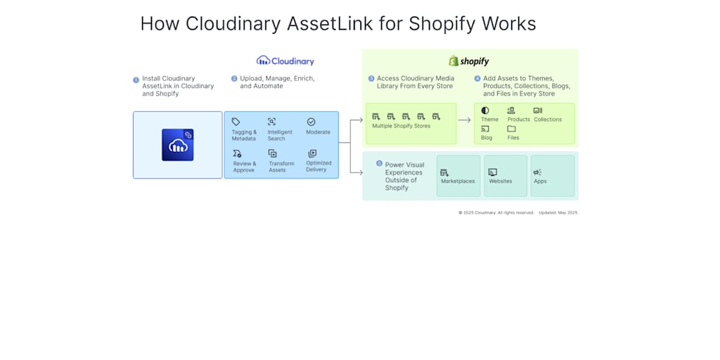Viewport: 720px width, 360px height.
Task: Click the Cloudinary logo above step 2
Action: coord(285,61)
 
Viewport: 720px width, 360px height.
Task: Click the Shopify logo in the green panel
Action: coord(469,61)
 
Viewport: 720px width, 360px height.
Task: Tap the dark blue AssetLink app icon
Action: coord(177,145)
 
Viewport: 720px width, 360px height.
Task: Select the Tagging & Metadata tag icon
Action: coord(236,122)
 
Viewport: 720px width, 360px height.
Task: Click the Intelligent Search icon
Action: coord(271,122)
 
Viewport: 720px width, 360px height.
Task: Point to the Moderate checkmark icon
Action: coord(311,122)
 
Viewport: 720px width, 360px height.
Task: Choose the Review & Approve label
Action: coord(245,167)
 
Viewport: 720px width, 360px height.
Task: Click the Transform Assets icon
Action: coord(272,153)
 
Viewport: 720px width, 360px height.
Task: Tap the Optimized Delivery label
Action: coord(319,166)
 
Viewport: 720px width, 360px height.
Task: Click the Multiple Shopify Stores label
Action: coord(401,126)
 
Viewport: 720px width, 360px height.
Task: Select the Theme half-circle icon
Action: coord(485,110)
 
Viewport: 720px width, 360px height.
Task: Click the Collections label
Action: coord(548,120)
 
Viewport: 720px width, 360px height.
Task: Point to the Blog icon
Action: coord(485,129)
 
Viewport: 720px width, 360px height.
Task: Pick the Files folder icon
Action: coord(511,129)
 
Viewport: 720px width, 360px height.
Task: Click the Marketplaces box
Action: coord(458,176)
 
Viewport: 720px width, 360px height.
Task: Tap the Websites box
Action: coord(505,176)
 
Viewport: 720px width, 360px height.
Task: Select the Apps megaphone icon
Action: coord(537,172)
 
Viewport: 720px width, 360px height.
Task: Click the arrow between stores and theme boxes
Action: coord(465,120)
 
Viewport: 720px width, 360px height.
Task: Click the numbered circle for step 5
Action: coord(380,164)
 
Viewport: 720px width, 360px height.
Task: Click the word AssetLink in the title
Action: coord(330,24)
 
